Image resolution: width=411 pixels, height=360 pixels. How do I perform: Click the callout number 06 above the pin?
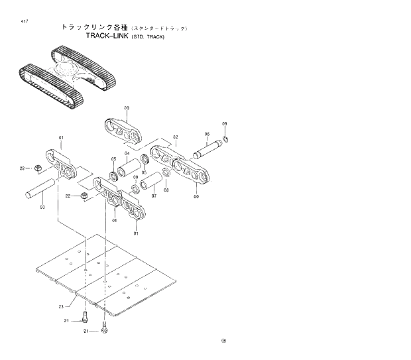207,135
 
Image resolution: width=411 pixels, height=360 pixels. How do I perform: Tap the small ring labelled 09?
227,139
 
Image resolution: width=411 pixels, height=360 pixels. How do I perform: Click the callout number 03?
42,208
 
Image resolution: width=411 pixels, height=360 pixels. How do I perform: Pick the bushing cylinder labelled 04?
142,164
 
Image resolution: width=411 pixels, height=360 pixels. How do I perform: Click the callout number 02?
176,138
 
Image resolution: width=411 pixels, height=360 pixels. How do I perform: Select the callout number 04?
127,154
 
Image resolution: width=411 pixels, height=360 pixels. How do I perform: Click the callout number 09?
224,125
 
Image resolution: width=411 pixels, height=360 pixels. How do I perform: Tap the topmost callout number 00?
126,107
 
